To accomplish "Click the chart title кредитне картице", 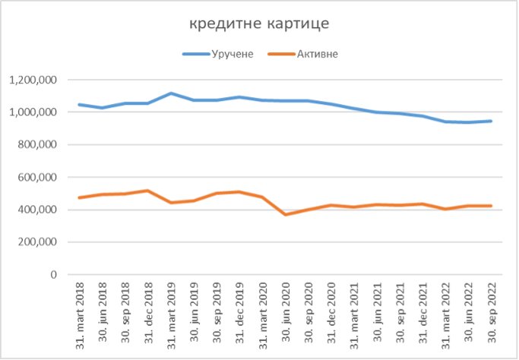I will point(260,24).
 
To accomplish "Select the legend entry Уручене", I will point(228,54).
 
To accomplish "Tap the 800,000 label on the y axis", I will point(37,145).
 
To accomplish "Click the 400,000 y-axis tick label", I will point(37,210).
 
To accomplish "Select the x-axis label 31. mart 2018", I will point(80,312).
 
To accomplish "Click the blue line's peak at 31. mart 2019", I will point(171,93).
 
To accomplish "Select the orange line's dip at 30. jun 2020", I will point(286,215).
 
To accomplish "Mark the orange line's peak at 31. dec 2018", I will point(148,191).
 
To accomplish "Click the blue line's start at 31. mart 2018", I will point(80,105).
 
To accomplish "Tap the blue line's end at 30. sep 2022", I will point(492,121).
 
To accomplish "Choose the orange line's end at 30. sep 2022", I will point(492,206).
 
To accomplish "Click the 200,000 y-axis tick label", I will point(37,242).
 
